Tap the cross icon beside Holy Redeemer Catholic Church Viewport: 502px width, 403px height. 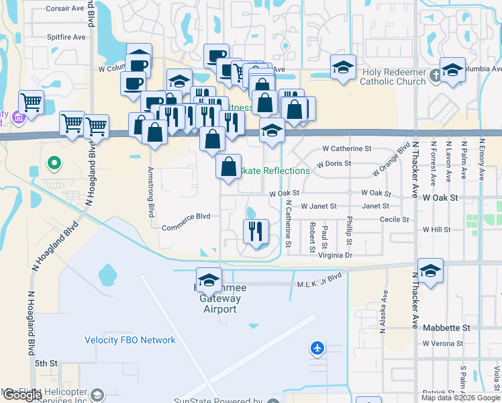(435, 75)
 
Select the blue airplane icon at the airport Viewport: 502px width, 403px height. (317, 348)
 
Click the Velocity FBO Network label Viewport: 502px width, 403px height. (130, 340)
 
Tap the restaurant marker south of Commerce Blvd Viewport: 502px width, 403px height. (255, 232)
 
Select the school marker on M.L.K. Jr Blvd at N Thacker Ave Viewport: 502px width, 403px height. (430, 271)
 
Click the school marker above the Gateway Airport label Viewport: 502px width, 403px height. (209, 279)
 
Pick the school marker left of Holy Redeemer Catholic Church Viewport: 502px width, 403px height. (342, 67)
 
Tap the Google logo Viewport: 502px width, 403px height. (22, 395)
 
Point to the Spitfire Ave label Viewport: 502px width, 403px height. (66, 37)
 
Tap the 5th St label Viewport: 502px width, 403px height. (47, 363)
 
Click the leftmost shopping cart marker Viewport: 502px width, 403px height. (31, 103)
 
